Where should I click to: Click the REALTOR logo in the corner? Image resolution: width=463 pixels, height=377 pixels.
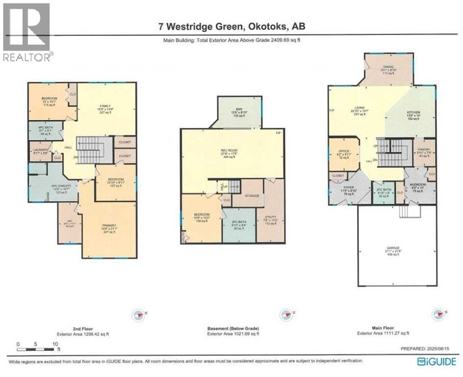click(x=26, y=32)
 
